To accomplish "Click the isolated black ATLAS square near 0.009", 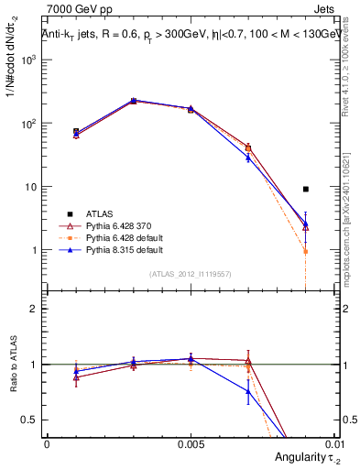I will point(305,189).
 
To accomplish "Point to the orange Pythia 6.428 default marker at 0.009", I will point(305,251).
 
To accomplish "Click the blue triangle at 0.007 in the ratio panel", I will point(247,391).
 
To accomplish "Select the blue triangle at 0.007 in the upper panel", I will point(247,158).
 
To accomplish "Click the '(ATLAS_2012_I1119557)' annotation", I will point(191,273).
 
